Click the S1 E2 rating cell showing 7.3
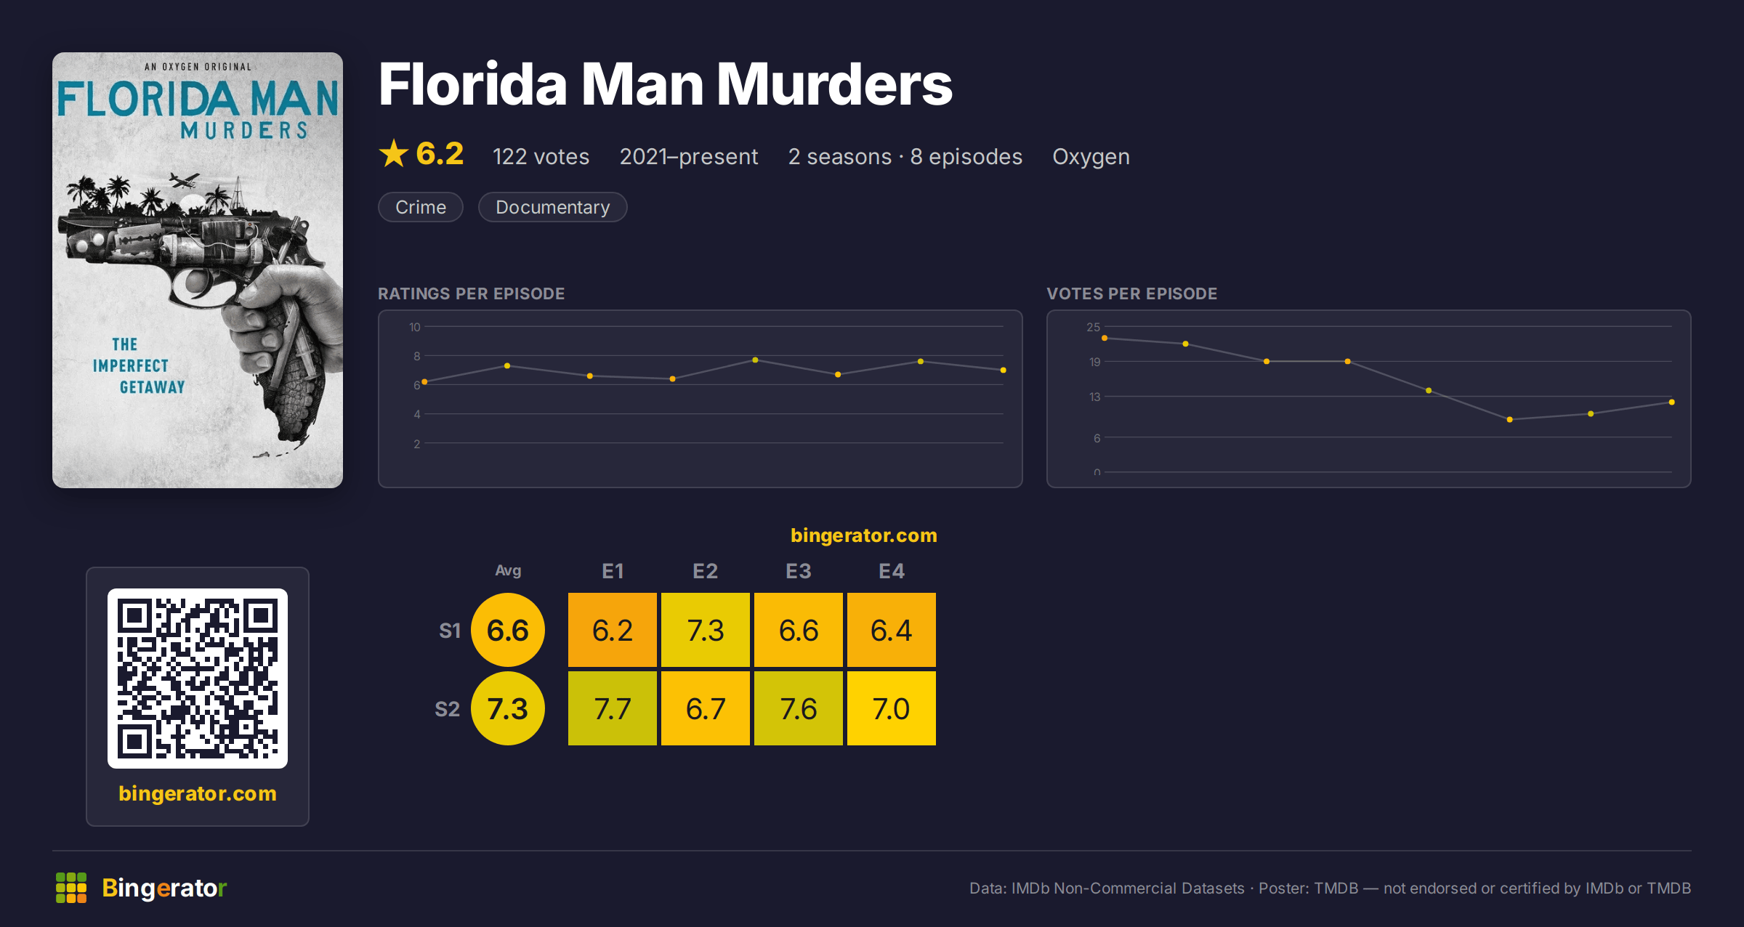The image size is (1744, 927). tap(705, 630)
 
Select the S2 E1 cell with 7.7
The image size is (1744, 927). tap(612, 708)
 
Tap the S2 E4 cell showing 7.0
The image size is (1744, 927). tap(891, 708)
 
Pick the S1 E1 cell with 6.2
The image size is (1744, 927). tap(612, 630)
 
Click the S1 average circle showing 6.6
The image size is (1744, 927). tap(508, 630)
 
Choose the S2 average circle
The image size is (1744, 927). tap(508, 708)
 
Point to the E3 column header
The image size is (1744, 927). tap(798, 571)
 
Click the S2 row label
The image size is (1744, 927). tap(448, 709)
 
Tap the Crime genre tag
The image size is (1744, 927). tap(421, 207)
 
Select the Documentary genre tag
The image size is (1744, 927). tap(553, 207)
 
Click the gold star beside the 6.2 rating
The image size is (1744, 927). tap(394, 153)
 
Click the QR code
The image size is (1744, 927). tap(198, 679)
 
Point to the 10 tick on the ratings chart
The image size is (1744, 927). tap(414, 327)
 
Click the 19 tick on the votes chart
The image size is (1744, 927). tap(1094, 362)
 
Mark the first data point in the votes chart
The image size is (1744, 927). tap(1105, 338)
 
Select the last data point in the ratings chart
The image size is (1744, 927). tap(1003, 371)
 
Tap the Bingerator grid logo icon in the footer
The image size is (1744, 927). tap(71, 888)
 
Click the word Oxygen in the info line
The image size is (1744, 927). tap(1091, 157)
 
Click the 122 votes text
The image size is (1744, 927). tap(541, 157)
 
